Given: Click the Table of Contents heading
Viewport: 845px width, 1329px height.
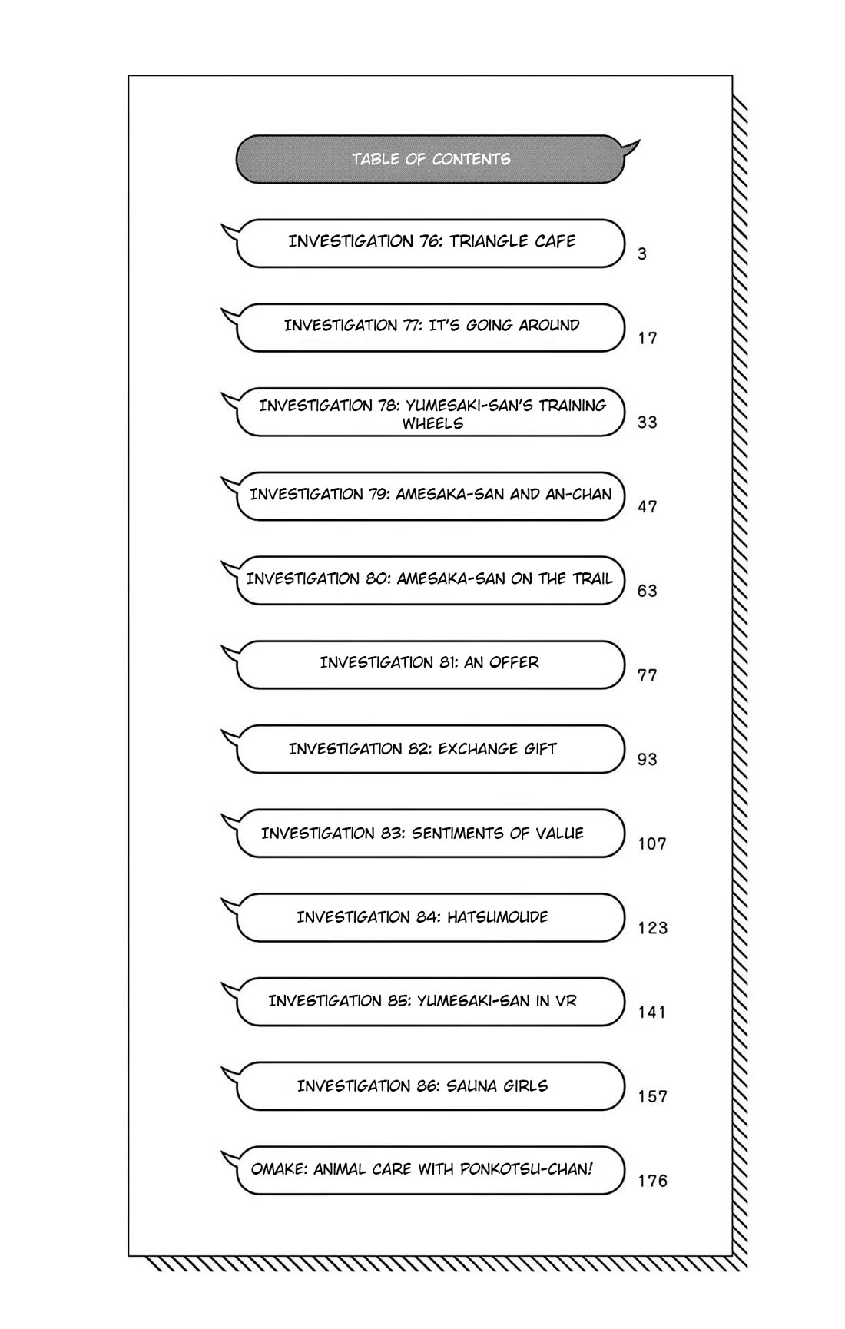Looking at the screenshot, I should click(431, 159).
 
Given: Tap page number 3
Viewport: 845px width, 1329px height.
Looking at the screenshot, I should click(642, 254).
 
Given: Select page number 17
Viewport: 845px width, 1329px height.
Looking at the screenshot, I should click(647, 338).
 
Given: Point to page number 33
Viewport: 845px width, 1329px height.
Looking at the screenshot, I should click(647, 423).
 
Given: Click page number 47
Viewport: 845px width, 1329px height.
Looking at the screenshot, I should click(647, 507).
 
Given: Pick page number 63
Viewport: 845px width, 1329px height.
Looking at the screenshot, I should click(647, 591).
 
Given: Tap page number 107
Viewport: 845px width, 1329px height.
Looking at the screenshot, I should click(652, 843).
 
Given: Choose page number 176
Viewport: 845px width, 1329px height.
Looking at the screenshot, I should click(652, 1181).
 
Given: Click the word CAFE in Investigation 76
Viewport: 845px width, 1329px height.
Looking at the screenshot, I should click(555, 241).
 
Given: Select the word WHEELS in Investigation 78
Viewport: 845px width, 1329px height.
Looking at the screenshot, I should click(432, 423).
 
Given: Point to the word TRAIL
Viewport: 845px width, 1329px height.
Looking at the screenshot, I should click(592, 578).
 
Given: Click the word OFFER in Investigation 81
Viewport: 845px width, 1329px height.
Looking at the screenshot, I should click(512, 662).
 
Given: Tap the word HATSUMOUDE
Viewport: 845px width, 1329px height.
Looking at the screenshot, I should click(498, 917).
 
